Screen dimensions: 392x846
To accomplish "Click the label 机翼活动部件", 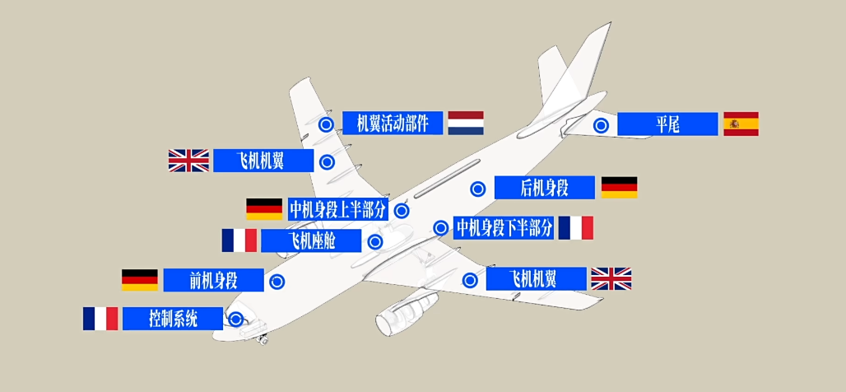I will [393, 124].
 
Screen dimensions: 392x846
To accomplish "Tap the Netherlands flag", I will [465, 123].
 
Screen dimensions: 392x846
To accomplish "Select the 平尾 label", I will [667, 124].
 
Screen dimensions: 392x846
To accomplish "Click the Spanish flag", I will [741, 124].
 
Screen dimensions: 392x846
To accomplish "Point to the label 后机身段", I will [544, 188].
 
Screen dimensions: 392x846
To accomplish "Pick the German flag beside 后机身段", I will [619, 187].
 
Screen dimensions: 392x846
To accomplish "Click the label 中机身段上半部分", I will [337, 209].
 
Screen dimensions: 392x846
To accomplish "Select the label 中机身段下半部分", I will [504, 227].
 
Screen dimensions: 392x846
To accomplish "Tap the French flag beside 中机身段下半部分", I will [575, 227].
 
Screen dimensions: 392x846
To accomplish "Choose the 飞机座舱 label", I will [310, 240].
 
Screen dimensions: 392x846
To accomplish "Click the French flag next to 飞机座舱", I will [239, 240].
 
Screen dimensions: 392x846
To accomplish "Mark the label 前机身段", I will [213, 280].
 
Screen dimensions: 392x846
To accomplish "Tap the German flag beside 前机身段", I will [139, 280].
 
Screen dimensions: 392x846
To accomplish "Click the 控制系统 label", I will [173, 319].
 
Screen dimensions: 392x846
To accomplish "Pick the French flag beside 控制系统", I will [100, 319].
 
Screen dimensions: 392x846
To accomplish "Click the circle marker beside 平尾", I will [602, 125].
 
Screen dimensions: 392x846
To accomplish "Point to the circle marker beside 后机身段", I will [478, 189].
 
